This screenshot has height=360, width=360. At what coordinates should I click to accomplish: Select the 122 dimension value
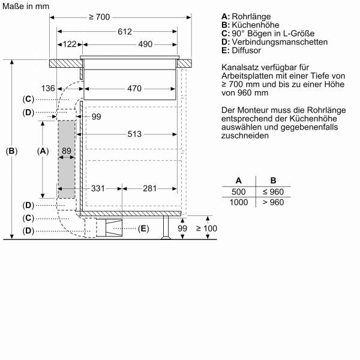[x=70, y=44]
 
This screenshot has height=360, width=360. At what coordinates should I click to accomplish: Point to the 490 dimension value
[x=128, y=44]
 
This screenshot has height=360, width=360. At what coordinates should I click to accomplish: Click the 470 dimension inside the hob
[x=134, y=89]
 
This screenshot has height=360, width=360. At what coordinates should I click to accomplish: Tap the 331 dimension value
[x=99, y=189]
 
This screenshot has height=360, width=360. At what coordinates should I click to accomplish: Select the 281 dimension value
[x=150, y=189]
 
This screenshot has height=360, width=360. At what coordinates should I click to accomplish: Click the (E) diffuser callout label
[x=143, y=228]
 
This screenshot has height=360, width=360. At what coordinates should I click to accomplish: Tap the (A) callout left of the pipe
[x=43, y=152]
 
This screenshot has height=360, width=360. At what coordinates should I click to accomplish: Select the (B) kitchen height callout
[x=11, y=152]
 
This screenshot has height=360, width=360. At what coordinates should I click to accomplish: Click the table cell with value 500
[x=239, y=192]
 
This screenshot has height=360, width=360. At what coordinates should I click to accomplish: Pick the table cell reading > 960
[x=273, y=202]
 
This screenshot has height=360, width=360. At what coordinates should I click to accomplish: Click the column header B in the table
[x=273, y=181]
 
